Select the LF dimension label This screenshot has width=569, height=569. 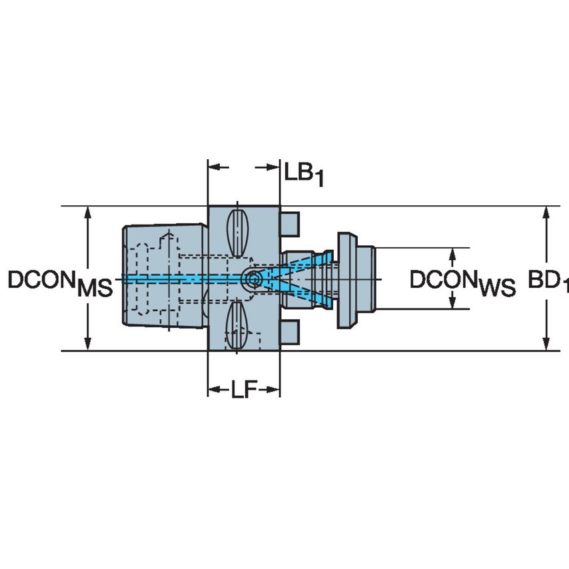tap(244, 390)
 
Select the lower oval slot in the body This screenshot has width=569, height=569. tap(238, 326)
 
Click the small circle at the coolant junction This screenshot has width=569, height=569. tap(253, 280)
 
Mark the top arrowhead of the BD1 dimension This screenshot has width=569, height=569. tap(546, 213)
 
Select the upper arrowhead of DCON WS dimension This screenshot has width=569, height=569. tap(453, 254)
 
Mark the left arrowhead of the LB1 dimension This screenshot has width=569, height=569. tap(214, 167)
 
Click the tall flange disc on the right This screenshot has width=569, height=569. tap(346, 279)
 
